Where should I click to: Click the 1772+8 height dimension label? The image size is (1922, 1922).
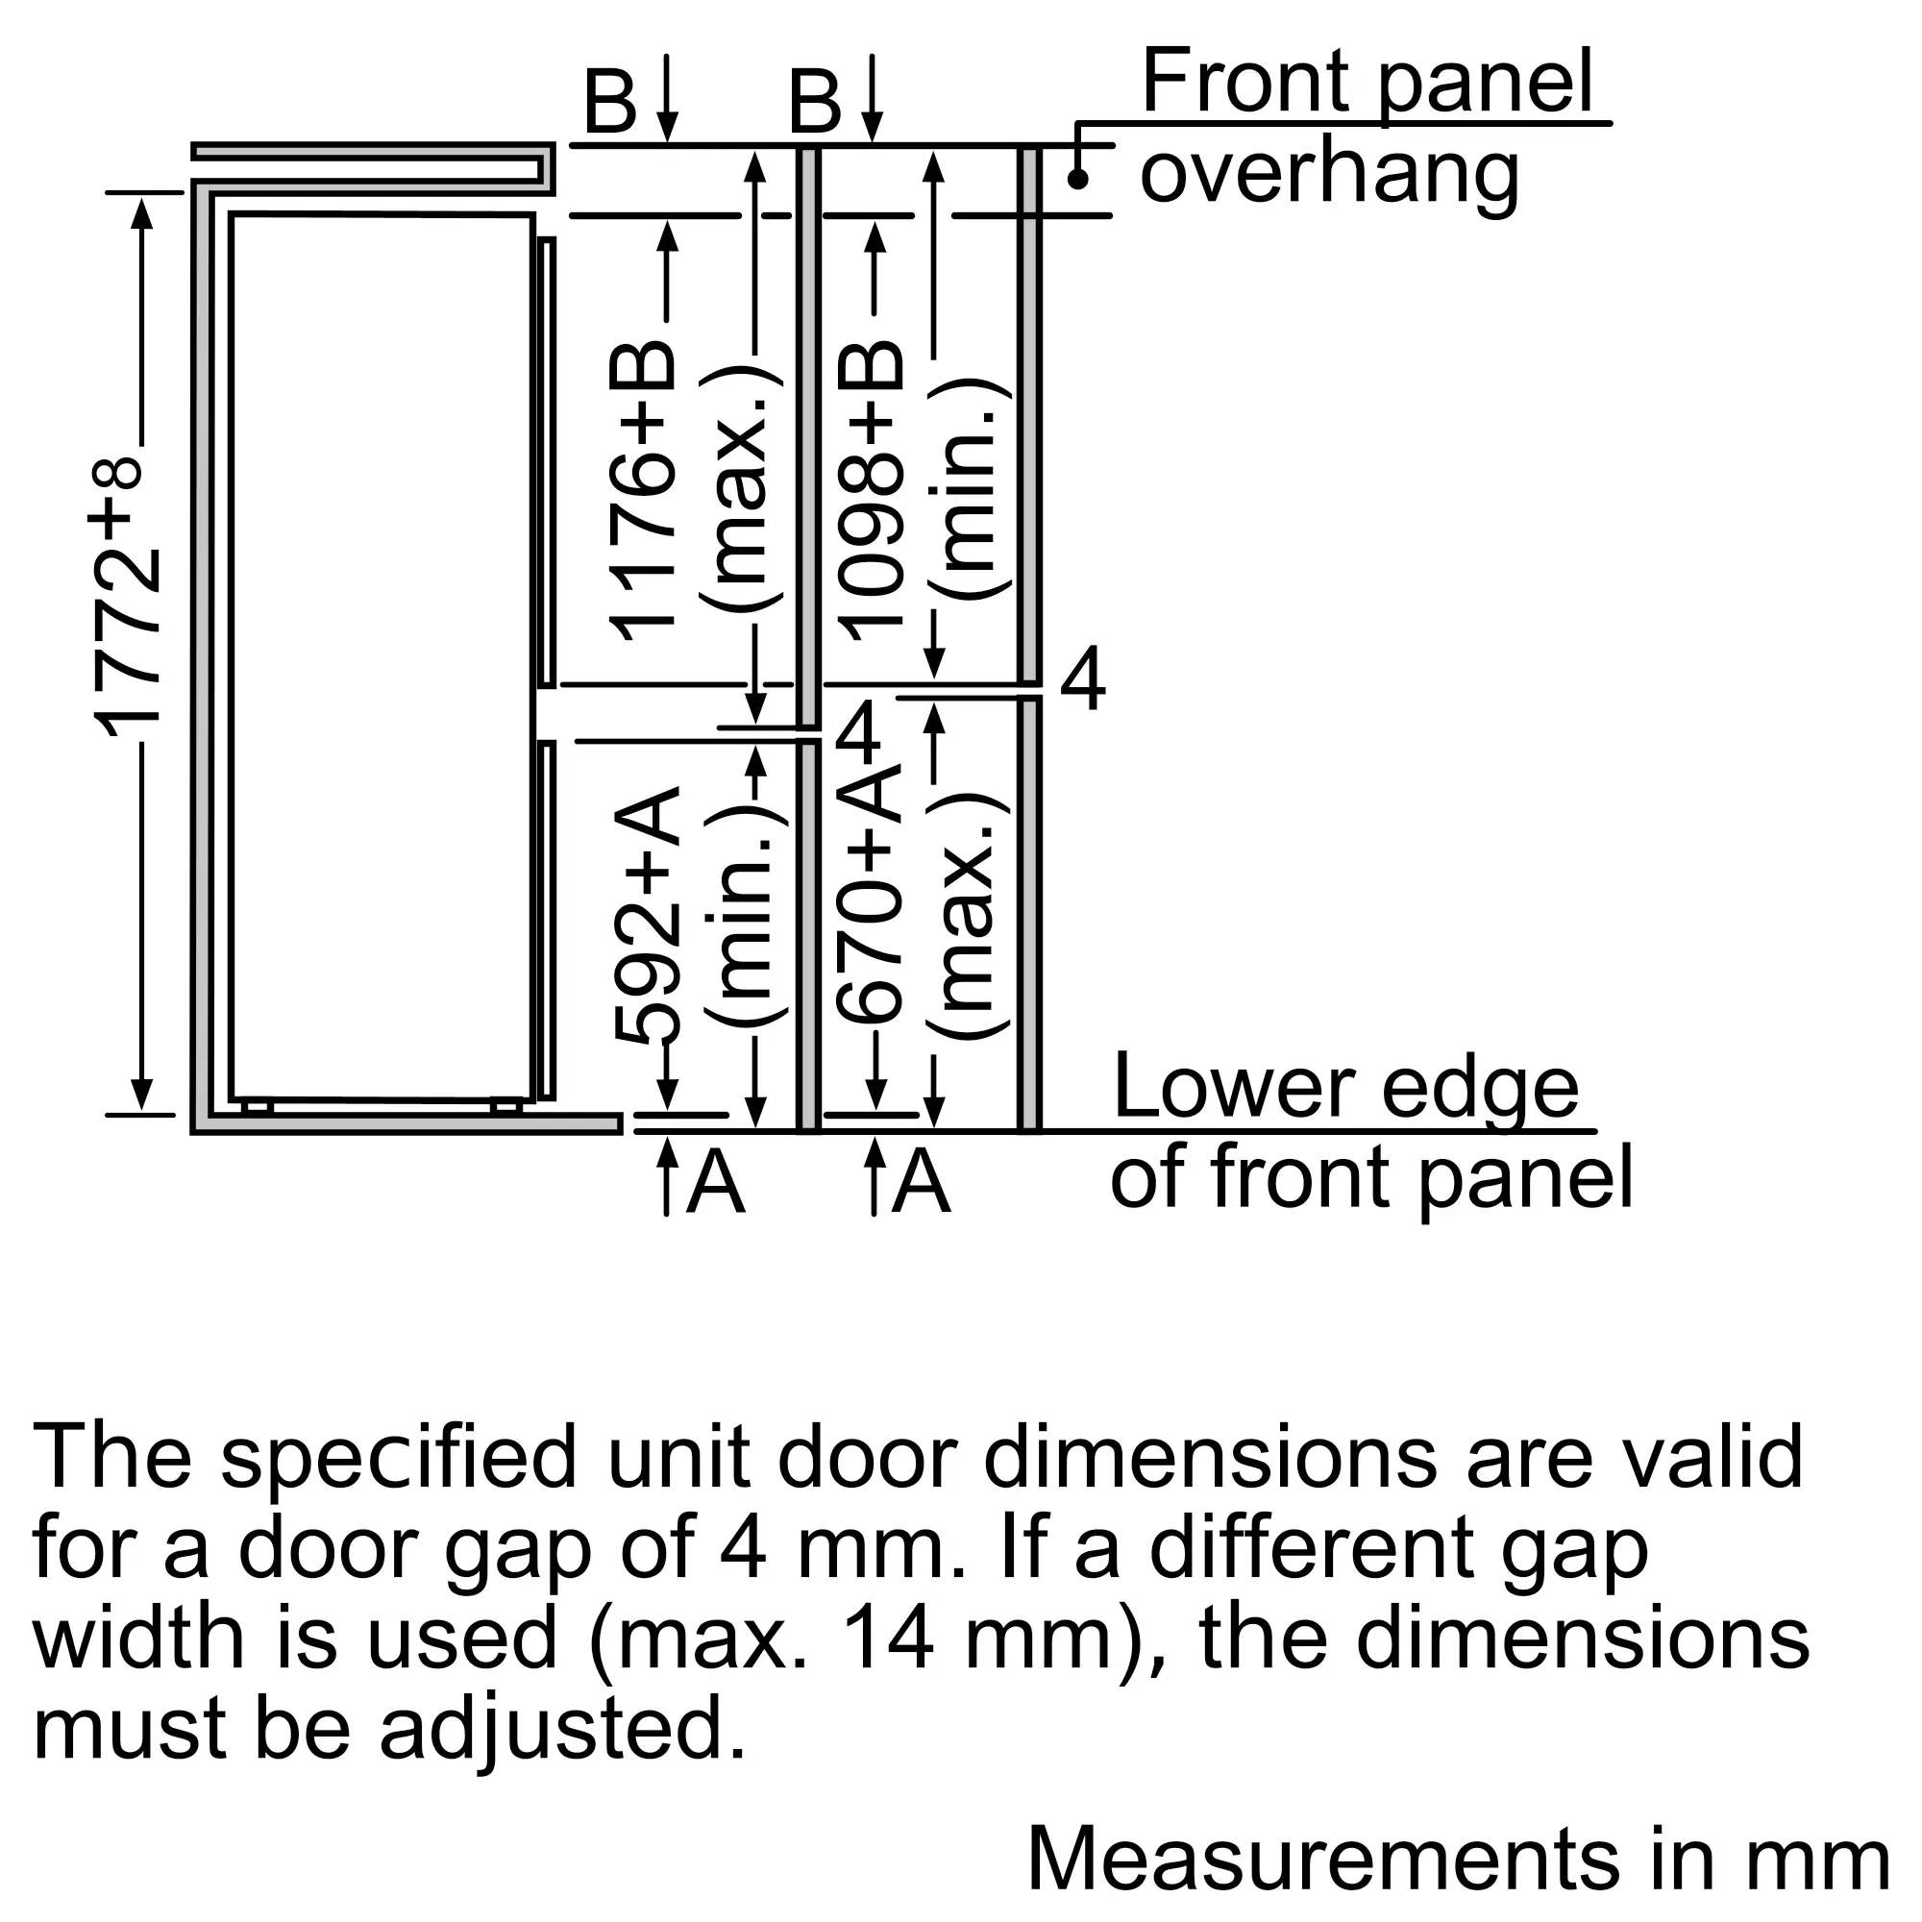click(128, 597)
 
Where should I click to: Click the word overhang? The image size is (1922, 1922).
click(1329, 173)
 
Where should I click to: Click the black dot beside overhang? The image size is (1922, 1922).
click(1077, 179)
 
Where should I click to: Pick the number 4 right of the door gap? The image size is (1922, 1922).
click(1082, 678)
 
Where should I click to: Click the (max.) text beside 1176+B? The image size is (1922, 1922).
click(742, 487)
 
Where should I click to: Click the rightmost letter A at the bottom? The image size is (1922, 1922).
click(921, 1181)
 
